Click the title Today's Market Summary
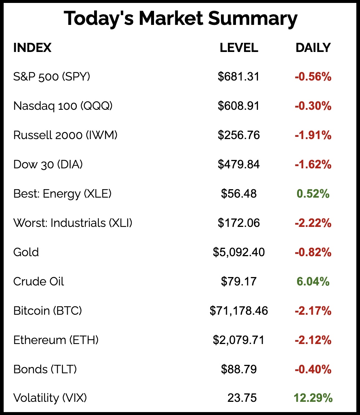click(180, 19)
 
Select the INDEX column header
click(32, 48)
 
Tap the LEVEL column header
click(239, 48)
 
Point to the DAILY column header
click(313, 48)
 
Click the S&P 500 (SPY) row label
click(52, 76)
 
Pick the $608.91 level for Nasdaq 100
click(239, 106)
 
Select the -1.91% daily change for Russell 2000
click(313, 135)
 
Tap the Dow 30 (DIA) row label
click(48, 164)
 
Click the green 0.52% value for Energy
click(313, 194)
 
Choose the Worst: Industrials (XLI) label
click(72, 223)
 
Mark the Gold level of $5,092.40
click(239, 252)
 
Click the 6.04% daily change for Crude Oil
click(313, 281)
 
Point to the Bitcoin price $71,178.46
click(239, 311)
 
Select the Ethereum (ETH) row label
click(56, 340)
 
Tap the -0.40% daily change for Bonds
click(313, 369)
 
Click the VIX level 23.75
click(242, 398)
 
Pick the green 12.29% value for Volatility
click(313, 398)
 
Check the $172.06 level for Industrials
click(239, 223)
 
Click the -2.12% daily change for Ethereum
click(313, 340)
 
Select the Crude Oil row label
click(38, 281)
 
